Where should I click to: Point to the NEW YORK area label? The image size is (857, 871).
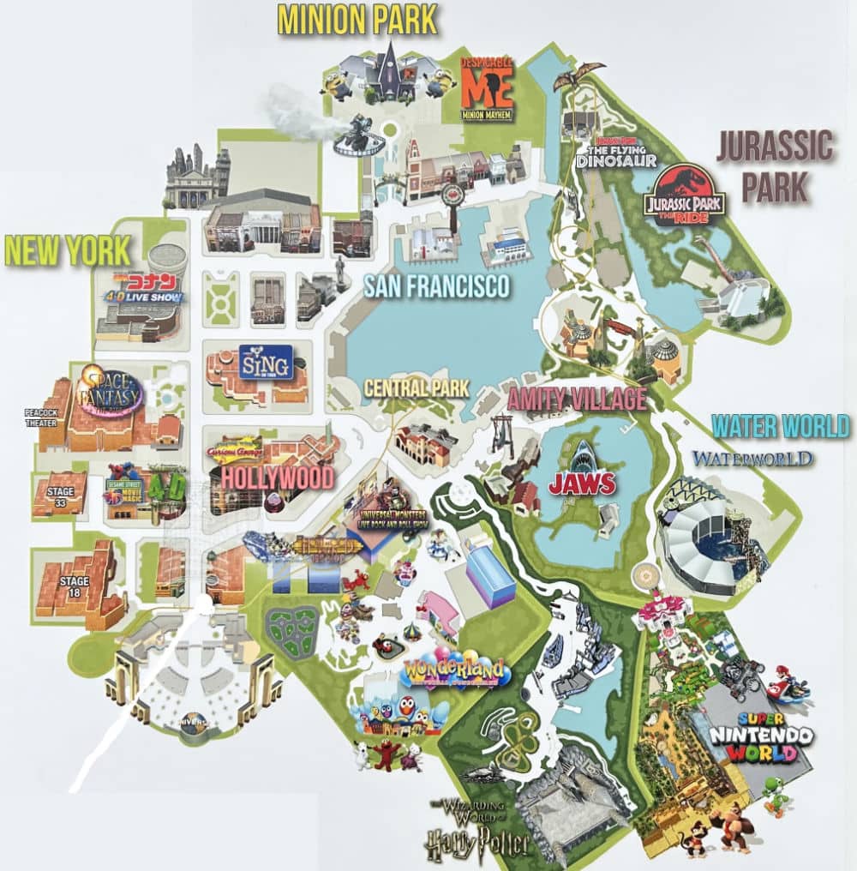69,249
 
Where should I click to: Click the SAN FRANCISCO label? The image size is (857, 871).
436,285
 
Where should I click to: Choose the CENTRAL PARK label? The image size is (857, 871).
417,387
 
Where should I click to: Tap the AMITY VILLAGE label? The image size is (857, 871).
577,399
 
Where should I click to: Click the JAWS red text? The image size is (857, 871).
583,484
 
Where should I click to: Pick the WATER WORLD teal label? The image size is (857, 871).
780,425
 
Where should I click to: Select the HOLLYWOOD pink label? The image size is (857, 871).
278,477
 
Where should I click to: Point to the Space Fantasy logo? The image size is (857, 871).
110,393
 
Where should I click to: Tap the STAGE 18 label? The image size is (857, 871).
74,586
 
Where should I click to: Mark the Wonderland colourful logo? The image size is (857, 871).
454,672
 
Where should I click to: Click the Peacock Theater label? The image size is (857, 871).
39,417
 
